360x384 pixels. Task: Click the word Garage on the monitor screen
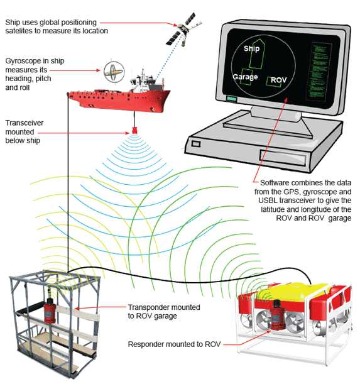click(245, 77)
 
